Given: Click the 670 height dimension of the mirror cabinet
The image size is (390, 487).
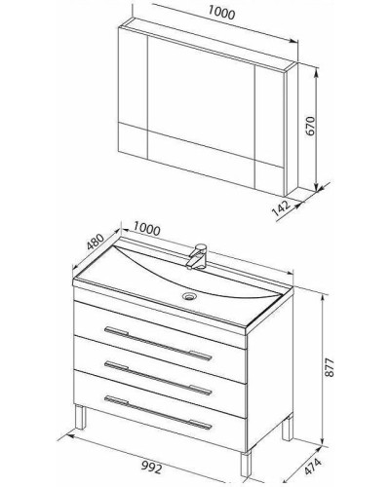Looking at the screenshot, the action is click(311, 126).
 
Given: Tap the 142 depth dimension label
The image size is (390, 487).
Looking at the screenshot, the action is click(281, 207).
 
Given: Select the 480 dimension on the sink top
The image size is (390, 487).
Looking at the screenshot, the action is click(96, 242).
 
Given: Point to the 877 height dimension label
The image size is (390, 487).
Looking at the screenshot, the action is click(330, 367).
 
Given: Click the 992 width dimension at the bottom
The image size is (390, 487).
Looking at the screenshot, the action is click(151, 468).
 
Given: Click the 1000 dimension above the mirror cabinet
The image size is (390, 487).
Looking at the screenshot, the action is click(221, 13).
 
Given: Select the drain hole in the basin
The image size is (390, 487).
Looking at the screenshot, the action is click(188, 296).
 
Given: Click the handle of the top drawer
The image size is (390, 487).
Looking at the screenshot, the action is click(158, 344).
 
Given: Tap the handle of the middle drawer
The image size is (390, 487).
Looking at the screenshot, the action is click(158, 378).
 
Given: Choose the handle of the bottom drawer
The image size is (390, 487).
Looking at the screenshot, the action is click(158, 413).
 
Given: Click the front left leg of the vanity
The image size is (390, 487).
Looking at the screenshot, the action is click(81, 417).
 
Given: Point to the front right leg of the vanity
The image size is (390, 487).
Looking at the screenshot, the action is click(246, 465).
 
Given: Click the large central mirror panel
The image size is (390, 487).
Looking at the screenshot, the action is click(201, 96).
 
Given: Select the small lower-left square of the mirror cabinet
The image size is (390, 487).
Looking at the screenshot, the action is click(134, 139).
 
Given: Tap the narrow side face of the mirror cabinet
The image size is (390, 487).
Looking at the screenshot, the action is click(292, 130).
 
